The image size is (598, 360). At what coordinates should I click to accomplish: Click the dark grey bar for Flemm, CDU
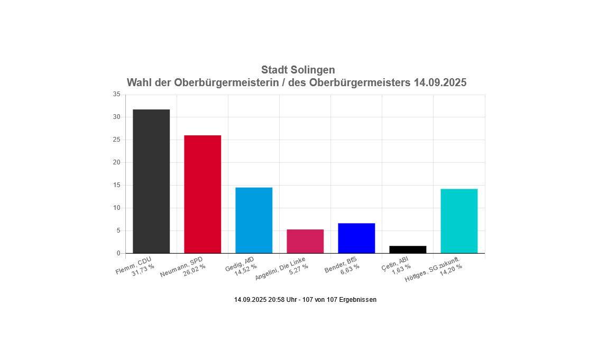151,181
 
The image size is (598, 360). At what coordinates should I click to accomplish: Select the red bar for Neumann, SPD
203,194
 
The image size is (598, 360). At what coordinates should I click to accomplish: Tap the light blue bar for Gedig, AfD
254,220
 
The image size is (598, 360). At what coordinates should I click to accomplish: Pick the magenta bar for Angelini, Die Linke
305,241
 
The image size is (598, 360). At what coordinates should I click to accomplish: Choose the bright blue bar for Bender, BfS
356,238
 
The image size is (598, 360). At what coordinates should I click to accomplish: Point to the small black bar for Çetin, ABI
408,250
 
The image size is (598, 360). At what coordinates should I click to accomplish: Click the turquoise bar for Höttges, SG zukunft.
459,221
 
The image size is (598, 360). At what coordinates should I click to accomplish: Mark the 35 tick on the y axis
116,95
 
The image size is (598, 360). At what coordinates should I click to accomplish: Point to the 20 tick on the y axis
116,163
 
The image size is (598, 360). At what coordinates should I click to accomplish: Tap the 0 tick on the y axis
118,254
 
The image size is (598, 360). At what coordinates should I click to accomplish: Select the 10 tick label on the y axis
116,208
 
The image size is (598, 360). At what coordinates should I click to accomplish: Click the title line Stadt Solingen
298,70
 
